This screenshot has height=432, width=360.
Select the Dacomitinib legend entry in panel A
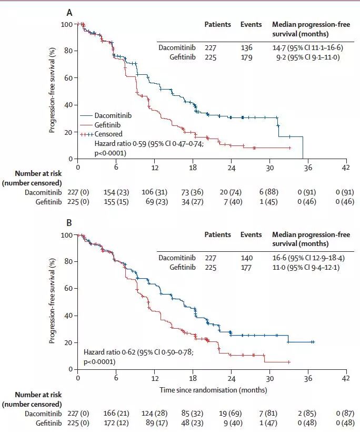coord(113,114)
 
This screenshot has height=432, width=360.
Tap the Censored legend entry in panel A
coord(108,134)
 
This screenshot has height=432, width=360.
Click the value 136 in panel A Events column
coord(246,48)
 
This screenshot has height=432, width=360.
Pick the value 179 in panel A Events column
coord(246,57)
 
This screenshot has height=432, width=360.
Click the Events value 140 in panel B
coord(246,258)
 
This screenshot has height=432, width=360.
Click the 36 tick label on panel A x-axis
coord(308,168)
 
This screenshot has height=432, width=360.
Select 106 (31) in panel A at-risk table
coord(155,192)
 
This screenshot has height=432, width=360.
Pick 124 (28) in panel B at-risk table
coord(155,414)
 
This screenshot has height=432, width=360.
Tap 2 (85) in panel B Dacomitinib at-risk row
coord(308,414)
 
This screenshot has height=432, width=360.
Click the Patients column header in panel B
coord(218,234)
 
